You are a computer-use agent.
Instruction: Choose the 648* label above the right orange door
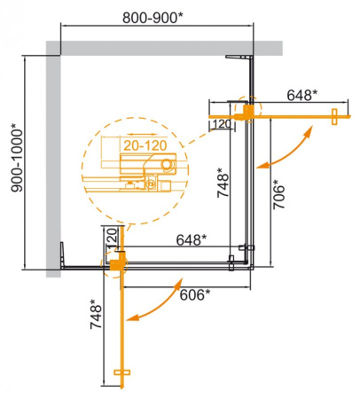tap(305, 94)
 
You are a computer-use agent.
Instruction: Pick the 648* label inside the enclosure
tap(191, 239)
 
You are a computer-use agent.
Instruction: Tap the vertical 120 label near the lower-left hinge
tap(111, 238)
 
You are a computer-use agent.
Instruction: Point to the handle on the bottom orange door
tap(122, 373)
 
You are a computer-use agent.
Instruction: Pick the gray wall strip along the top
tap(168, 46)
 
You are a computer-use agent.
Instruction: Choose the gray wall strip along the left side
tap(54, 160)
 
